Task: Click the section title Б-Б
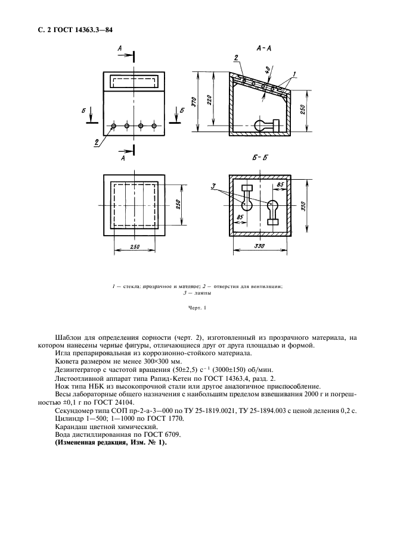261,159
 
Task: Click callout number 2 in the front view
97,142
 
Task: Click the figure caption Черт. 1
197,308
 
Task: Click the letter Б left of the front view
85,111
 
